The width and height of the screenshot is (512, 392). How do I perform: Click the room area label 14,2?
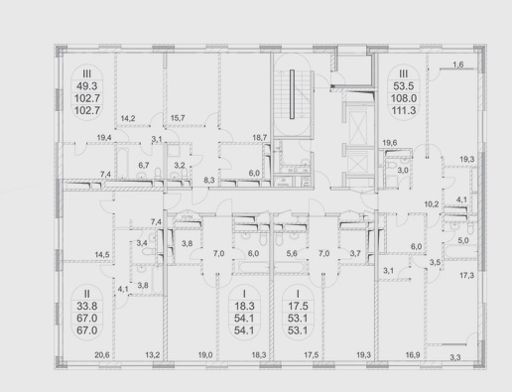click(x=128, y=118)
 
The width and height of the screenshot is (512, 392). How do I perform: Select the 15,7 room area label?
click(x=178, y=118)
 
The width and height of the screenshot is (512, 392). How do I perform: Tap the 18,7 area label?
click(x=260, y=138)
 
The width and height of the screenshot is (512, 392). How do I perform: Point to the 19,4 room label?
click(x=104, y=138)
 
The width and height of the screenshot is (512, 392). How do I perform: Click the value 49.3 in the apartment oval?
click(x=87, y=86)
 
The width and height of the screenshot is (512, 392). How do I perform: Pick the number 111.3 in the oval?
click(x=404, y=110)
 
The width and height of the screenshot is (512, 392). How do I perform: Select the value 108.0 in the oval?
click(x=404, y=98)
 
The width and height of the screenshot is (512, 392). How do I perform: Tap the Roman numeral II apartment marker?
click(x=86, y=294)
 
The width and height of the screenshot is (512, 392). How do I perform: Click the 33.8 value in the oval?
click(x=87, y=306)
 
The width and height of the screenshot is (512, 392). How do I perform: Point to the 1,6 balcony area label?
click(x=458, y=65)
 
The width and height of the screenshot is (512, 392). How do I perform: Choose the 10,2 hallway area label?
click(x=432, y=204)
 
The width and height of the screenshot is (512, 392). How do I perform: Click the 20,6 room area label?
click(x=102, y=355)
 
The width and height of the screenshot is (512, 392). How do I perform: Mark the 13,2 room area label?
click(x=153, y=355)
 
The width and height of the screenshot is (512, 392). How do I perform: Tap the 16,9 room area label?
click(x=413, y=355)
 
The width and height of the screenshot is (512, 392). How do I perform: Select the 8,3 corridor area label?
click(x=209, y=181)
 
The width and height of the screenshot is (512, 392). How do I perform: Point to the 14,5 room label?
click(x=102, y=255)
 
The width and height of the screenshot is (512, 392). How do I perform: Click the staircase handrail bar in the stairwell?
click(x=292, y=94)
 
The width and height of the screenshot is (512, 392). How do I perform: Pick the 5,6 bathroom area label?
click(x=292, y=253)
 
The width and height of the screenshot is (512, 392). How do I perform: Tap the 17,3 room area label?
click(x=466, y=275)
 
